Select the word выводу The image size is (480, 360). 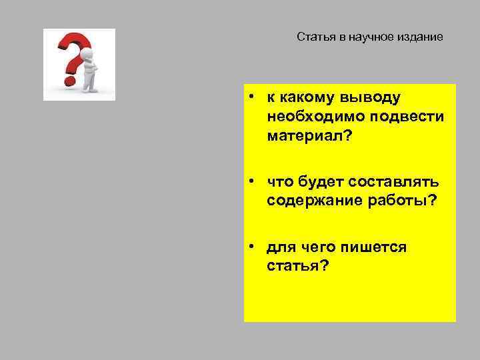pyautogui.click(x=371, y=98)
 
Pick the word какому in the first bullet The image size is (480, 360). pyautogui.click(x=309, y=98)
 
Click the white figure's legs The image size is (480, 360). pyautogui.click(x=89, y=83)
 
